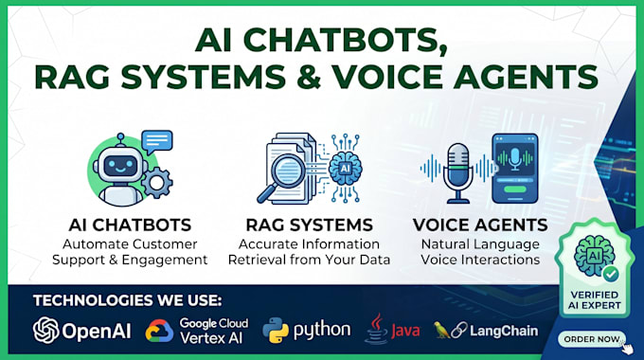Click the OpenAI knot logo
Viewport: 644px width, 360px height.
click(46, 330)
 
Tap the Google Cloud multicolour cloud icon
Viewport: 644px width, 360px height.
click(159, 332)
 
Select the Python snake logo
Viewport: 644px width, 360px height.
click(276, 331)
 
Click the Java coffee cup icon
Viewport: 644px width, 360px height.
click(376, 330)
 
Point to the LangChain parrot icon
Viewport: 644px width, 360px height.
click(441, 331)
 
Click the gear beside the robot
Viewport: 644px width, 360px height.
click(156, 183)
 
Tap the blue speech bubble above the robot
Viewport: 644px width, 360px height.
click(157, 142)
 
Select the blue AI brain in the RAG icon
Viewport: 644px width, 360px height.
click(346, 168)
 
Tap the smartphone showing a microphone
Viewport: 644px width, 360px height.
click(515, 168)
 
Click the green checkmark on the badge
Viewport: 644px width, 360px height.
click(611, 273)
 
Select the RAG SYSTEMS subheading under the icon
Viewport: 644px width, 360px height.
click(310, 225)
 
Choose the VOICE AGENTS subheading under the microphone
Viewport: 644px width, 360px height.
click(480, 225)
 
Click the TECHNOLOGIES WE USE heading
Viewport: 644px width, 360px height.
click(127, 300)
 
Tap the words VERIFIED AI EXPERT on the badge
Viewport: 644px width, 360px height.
click(595, 300)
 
